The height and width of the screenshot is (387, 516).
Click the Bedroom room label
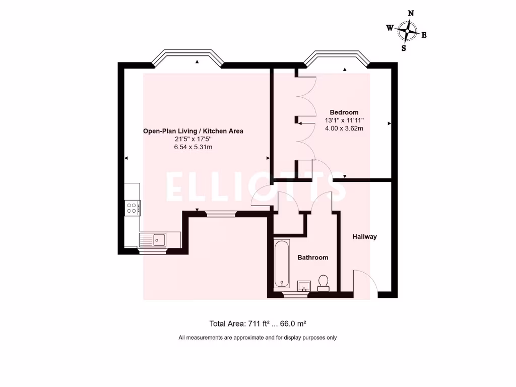(x=344, y=112)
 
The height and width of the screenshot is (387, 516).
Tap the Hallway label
(x=364, y=236)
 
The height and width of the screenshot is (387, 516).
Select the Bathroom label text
(x=312, y=257)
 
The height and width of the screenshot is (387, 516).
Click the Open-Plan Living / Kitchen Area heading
(x=193, y=131)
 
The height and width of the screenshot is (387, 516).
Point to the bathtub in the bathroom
(x=282, y=264)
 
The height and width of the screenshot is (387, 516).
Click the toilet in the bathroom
(x=324, y=282)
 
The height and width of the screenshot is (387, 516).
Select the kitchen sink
(x=159, y=239)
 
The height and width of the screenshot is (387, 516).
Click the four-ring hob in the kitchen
(x=133, y=208)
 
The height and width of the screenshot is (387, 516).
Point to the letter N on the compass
(x=411, y=14)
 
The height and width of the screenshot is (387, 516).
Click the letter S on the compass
(x=404, y=48)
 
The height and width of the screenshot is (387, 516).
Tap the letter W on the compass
(x=390, y=28)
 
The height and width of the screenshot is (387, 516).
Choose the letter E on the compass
(x=424, y=35)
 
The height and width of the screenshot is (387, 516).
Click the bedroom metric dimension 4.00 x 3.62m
(x=344, y=128)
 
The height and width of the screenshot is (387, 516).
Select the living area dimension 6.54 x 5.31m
(x=193, y=147)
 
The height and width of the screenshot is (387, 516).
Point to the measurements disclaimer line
(x=257, y=338)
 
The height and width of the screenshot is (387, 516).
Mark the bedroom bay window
(x=337, y=58)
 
